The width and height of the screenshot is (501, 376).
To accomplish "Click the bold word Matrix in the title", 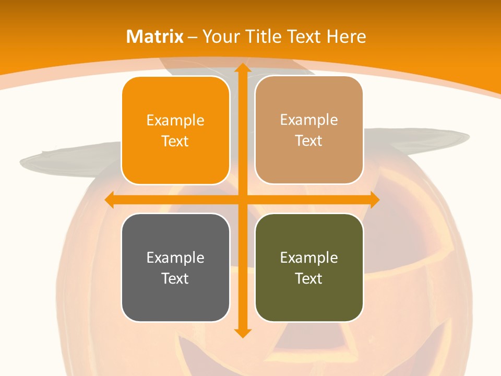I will click(x=155, y=37).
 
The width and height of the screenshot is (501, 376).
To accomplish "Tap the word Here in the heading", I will click(x=347, y=37).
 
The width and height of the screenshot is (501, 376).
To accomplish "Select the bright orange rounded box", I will click(x=175, y=131).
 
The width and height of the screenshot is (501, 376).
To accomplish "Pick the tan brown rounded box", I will click(x=309, y=130).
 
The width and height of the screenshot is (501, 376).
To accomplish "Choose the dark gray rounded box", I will click(x=175, y=267).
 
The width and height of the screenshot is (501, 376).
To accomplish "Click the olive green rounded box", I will click(x=309, y=267).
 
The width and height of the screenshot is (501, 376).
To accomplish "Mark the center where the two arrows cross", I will click(x=242, y=200).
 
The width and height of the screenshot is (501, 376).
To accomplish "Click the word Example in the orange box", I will click(x=175, y=121).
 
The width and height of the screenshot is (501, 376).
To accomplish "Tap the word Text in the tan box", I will click(x=309, y=141).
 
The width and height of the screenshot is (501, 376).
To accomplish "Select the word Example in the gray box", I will click(x=175, y=257).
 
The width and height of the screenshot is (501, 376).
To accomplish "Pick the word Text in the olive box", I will click(x=309, y=278).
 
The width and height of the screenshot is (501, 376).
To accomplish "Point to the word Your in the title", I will click(x=220, y=37).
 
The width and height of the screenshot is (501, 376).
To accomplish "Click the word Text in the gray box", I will click(x=175, y=278).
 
